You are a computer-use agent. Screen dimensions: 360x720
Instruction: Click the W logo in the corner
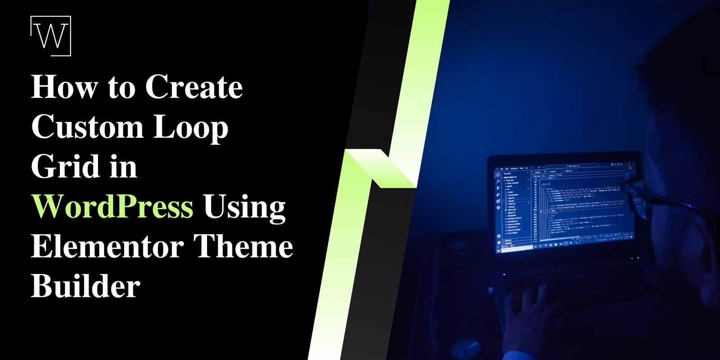tap(50, 36)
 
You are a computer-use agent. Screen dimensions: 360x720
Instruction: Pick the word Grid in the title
tap(65, 166)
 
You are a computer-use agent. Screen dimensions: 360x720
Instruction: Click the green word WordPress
tap(112, 207)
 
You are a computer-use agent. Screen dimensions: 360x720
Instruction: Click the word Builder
tap(85, 286)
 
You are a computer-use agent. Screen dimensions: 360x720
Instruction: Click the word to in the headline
tap(121, 88)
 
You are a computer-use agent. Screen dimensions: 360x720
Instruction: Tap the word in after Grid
tap(123, 167)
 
